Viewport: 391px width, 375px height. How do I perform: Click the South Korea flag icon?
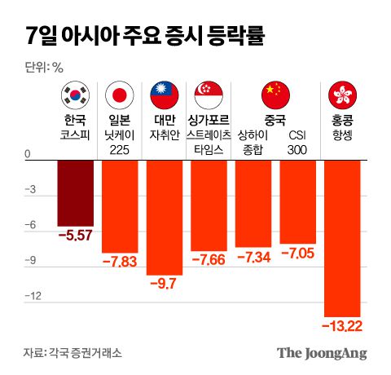click(74, 95)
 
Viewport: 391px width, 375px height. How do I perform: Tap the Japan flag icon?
click(119, 95)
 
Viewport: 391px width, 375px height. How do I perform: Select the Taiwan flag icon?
click(164, 95)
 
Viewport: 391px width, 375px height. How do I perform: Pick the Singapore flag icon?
click(209, 95)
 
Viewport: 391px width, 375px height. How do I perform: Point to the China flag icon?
click(275, 95)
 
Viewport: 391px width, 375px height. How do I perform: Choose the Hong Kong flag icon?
click(341, 95)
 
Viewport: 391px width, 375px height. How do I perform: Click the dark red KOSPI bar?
click(75, 192)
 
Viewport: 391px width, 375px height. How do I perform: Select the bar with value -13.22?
click(342, 237)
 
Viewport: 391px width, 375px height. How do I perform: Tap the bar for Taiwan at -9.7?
click(164, 217)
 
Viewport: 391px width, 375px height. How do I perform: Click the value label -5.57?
click(75, 236)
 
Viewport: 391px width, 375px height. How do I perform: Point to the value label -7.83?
click(119, 262)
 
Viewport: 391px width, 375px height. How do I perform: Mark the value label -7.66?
click(209, 260)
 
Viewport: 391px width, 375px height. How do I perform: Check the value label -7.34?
click(253, 257)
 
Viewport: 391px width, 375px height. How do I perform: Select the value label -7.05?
click(297, 254)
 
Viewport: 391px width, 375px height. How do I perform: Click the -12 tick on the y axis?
click(32, 297)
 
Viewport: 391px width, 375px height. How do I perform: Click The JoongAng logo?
click(322, 353)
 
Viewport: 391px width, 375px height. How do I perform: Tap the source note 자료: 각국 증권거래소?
click(72, 353)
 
